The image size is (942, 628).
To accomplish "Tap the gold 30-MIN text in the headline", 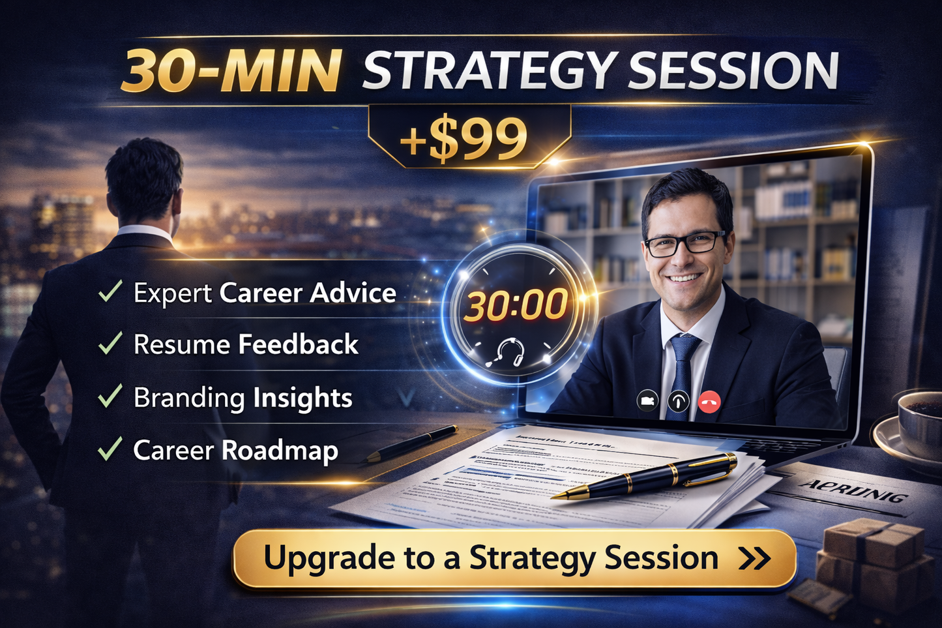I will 231,70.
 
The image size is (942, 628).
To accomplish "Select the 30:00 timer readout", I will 516,305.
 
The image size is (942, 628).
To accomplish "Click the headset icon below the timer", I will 509,353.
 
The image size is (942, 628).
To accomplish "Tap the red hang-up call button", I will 709,402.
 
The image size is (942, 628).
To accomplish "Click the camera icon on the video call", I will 647,400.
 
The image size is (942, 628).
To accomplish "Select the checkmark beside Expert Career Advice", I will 110,291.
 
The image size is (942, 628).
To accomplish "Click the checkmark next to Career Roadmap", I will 110,449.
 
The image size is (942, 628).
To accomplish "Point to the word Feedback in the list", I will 298,344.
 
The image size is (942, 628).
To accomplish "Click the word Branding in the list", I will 189,398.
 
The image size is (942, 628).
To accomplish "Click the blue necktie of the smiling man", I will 684,372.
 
